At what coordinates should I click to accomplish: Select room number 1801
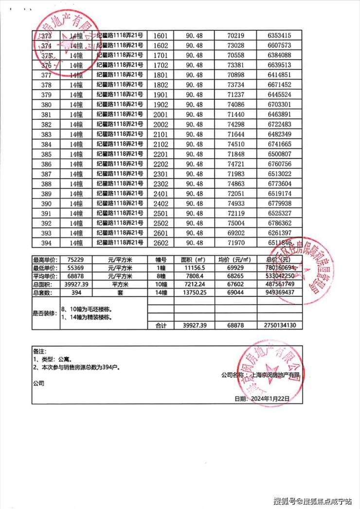click(161, 75)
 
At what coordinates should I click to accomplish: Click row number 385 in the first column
click(46, 154)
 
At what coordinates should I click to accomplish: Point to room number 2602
click(161, 243)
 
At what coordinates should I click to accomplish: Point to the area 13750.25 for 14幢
click(193, 293)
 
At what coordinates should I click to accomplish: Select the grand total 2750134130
click(279, 326)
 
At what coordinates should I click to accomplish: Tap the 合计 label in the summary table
click(161, 326)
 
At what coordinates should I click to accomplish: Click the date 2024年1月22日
click(269, 398)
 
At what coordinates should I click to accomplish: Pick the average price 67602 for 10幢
click(238, 285)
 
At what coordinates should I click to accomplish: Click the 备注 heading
click(38, 351)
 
